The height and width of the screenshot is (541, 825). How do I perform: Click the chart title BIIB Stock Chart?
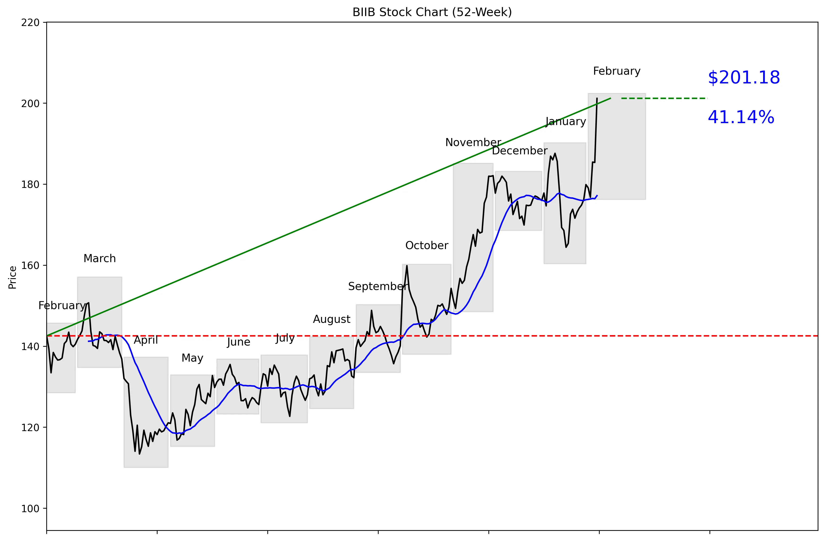pos(432,12)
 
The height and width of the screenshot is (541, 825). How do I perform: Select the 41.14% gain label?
pos(741,117)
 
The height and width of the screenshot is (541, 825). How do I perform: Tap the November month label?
pos(473,142)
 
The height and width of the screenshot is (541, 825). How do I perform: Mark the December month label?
pos(519,151)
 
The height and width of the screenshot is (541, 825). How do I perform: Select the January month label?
pos(565,121)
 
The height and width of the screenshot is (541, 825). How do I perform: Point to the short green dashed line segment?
pos(664,99)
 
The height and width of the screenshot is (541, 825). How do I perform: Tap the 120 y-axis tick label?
pos(30,428)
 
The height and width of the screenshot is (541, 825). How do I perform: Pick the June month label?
pos(239,342)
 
